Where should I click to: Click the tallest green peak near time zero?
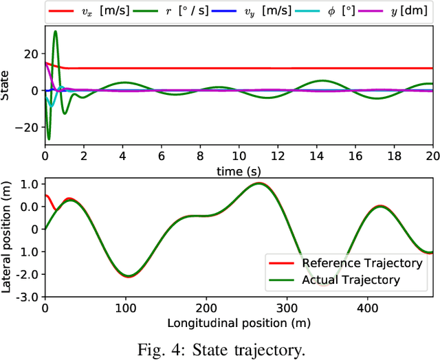(55, 32)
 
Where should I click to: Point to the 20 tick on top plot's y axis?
(34, 54)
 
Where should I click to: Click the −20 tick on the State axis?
(31, 127)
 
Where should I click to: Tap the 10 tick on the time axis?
(239, 157)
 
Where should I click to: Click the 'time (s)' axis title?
(239, 169)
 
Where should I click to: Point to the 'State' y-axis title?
(6, 90)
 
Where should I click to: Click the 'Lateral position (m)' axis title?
(6, 237)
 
